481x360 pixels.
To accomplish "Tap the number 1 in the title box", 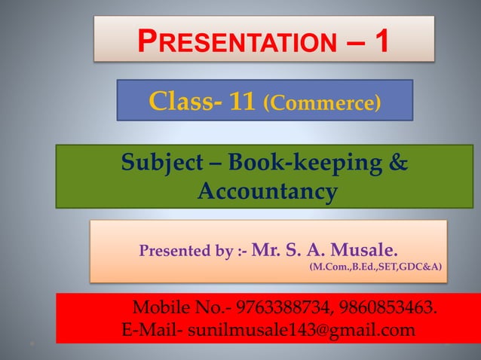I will (x=381, y=41).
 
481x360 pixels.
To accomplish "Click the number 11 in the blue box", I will (x=244, y=101).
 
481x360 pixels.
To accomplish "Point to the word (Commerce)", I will (x=321, y=102).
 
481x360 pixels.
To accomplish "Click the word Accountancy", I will (x=266, y=191).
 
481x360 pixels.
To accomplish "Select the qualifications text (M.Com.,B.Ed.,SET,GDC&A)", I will (x=375, y=267).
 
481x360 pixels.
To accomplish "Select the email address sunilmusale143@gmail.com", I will (x=301, y=330).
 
